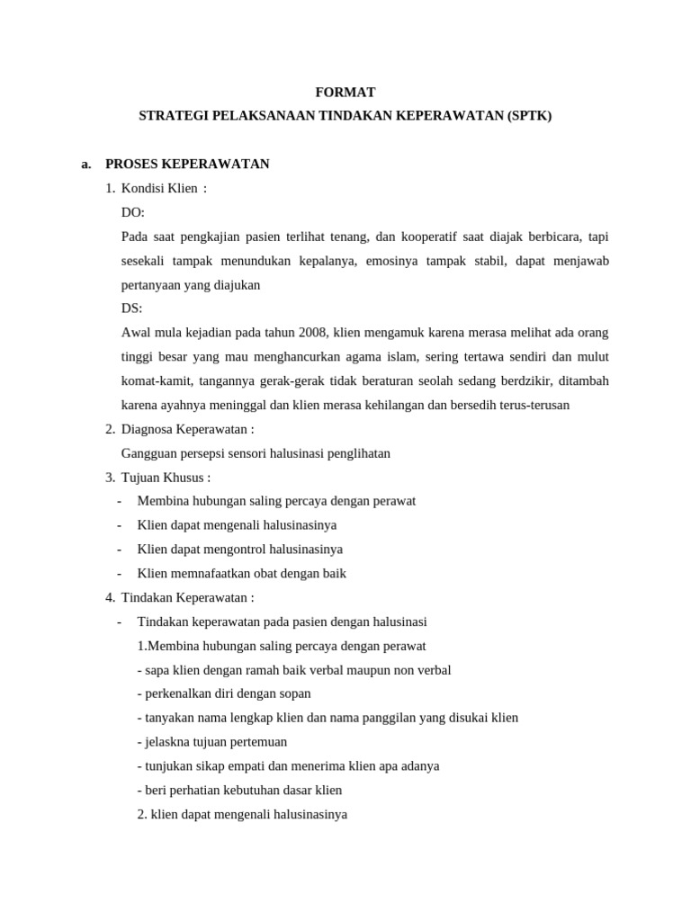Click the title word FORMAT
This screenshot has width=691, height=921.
[x=345, y=92]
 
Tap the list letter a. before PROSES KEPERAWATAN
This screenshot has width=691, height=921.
[x=86, y=164]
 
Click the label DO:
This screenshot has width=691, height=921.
[x=132, y=212]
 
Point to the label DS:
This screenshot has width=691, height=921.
[x=131, y=308]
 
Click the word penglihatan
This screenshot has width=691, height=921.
[x=357, y=453]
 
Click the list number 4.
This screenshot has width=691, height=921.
[x=110, y=597]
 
